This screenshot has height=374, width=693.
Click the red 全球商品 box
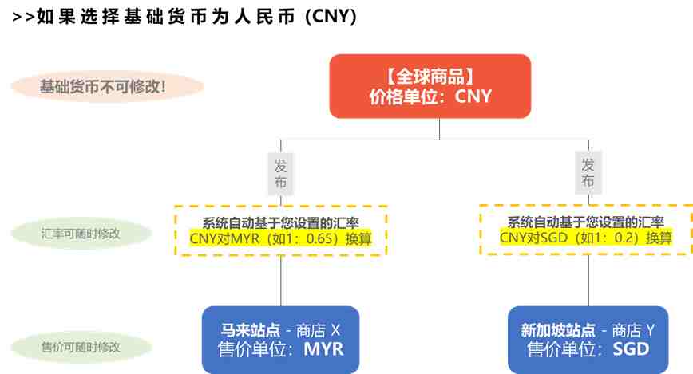pos(430,86)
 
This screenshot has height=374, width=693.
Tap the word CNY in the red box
pos(473,96)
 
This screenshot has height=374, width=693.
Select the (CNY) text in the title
pos(331,17)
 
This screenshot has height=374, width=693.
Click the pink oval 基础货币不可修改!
pos(108,87)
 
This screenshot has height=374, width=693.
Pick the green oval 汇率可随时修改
pos(81,233)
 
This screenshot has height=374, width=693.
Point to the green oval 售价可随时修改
pos(81,347)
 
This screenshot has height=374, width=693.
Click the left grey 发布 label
pos(280,174)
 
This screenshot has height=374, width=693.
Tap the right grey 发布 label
pos(588,173)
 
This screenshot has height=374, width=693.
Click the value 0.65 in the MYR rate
pos(319,239)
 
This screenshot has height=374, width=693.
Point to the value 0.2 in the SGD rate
pos(624,238)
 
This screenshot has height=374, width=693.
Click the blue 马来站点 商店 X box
pos(281,339)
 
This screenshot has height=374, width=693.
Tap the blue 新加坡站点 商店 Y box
pos(588,339)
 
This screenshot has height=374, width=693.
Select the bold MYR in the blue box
pos(323,349)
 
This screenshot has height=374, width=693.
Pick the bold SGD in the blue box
pos(631,349)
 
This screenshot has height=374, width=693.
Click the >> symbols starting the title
pos(23,18)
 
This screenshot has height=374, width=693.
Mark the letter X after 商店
pos(335,330)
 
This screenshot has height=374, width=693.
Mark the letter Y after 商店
pos(650,330)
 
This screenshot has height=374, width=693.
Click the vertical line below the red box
pos(439,129)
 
